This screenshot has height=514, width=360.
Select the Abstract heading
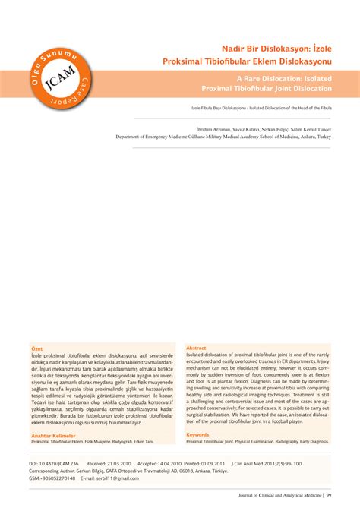(x=196, y=347)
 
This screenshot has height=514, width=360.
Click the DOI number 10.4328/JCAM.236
(x=60, y=462)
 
